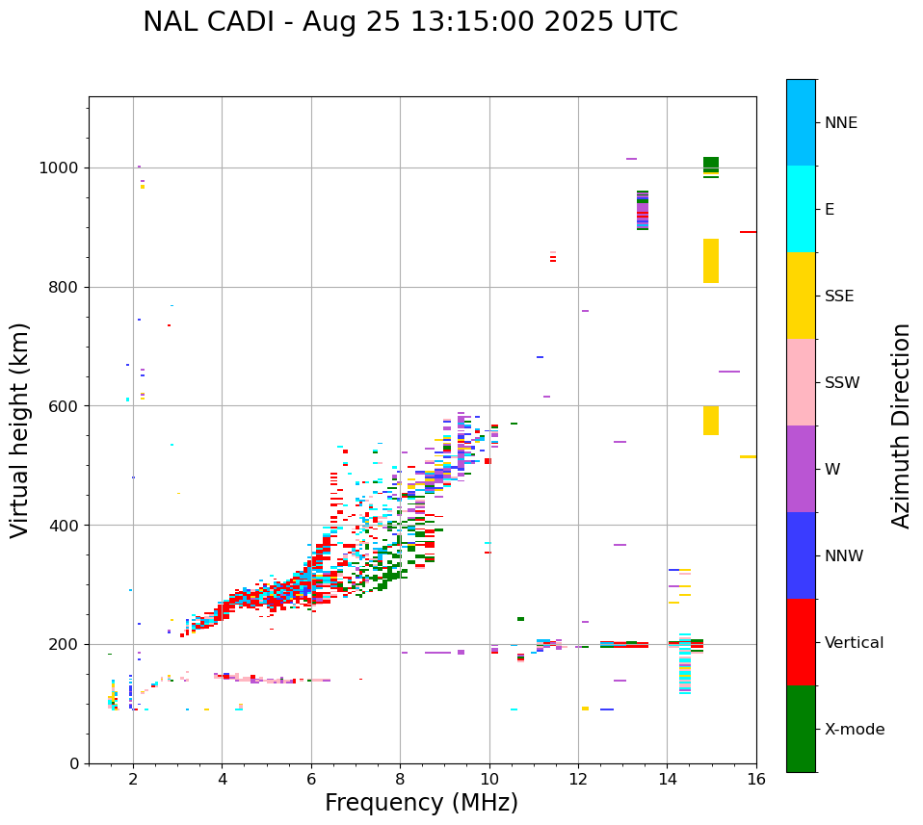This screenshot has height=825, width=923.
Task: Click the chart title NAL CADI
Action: pyautogui.click(x=409, y=22)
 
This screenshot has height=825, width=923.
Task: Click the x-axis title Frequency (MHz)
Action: pyautogui.click(x=421, y=803)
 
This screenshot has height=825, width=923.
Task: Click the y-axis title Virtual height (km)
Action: pyautogui.click(x=20, y=429)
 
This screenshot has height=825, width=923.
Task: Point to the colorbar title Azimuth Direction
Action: pyautogui.click(x=901, y=425)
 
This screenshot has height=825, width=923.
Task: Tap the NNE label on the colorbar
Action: pyautogui.click(x=841, y=123)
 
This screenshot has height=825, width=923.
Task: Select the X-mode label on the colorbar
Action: pyautogui.click(x=855, y=730)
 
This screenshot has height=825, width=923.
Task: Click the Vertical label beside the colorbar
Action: pyautogui.click(x=855, y=643)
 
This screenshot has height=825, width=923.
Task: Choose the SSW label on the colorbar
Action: pyautogui.click(x=842, y=383)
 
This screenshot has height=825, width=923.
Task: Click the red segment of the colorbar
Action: pyautogui.click(x=801, y=642)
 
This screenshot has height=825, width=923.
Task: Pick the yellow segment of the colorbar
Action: pyautogui.click(x=801, y=296)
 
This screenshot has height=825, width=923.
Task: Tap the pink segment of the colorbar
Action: pyautogui.click(x=801, y=382)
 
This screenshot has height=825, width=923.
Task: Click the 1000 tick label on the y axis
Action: pyautogui.click(x=59, y=168)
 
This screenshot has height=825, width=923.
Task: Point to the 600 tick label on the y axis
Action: pyautogui.click(x=64, y=406)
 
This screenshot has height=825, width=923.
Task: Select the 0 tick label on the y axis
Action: pyautogui.click(x=73, y=763)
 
